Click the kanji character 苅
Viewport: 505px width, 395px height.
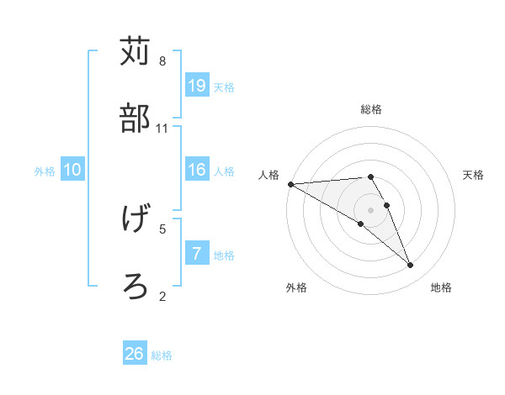pyautogui.click(x=136, y=51)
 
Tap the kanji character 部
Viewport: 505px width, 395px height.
pyautogui.click(x=136, y=118)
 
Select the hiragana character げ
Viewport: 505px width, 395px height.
pyautogui.click(x=136, y=219)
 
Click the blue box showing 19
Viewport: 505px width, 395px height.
pyautogui.click(x=197, y=85)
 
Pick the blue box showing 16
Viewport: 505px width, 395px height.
pyautogui.click(x=197, y=170)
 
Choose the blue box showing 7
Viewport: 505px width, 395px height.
pyautogui.click(x=197, y=254)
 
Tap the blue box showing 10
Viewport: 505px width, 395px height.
pyautogui.click(x=72, y=170)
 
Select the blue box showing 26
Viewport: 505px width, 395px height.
pyautogui.click(x=135, y=354)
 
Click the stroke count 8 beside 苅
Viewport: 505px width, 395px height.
pyautogui.click(x=162, y=61)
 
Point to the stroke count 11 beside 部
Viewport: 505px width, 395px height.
pyautogui.click(x=162, y=129)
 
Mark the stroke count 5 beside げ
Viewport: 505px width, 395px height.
pyautogui.click(x=162, y=229)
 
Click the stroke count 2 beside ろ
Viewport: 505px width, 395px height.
pyautogui.click(x=162, y=296)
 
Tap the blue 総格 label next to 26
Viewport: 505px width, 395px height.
pyautogui.click(x=162, y=355)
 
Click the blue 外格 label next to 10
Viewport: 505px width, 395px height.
pyautogui.click(x=45, y=171)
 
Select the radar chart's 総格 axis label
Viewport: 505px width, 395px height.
pyautogui.click(x=371, y=109)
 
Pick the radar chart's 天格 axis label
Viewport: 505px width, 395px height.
pyautogui.click(x=474, y=175)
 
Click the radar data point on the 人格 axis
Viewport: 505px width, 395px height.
pyautogui.click(x=290, y=183)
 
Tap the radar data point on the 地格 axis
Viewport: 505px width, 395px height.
pyautogui.click(x=411, y=266)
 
